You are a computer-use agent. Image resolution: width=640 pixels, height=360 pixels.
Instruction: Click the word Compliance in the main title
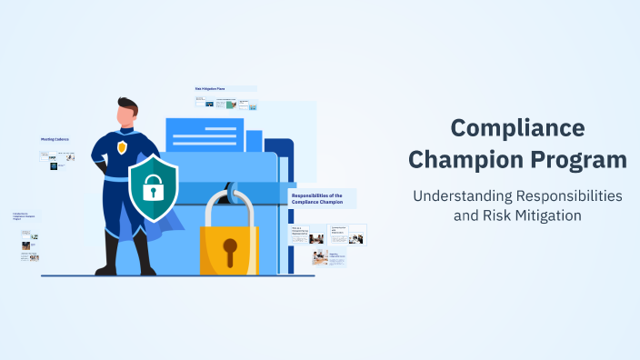click(517, 128)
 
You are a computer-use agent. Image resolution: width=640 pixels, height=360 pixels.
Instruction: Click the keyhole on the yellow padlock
click(230, 248)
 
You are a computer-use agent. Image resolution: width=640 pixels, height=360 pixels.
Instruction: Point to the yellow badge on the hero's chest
click(122, 147)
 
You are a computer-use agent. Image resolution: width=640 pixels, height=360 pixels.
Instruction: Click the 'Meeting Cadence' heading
click(55, 139)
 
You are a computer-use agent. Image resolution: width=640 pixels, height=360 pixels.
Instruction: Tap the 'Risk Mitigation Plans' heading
click(210, 89)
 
